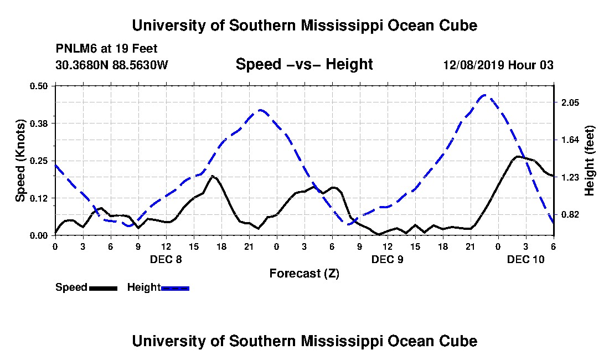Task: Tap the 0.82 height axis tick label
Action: click(570, 215)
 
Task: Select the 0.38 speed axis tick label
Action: click(38, 124)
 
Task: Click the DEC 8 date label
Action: click(166, 259)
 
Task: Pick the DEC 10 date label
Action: click(526, 259)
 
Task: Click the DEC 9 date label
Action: click(387, 259)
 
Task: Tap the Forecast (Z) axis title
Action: click(304, 274)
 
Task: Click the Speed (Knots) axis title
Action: click(20, 161)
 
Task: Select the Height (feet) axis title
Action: click(589, 161)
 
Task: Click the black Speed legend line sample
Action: click(103, 289)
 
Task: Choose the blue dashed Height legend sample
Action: click(175, 289)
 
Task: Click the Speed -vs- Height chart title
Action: click(304, 64)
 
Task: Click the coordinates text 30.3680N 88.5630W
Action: click(112, 65)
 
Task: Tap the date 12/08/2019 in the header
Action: click(474, 65)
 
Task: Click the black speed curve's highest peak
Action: click(517, 157)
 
